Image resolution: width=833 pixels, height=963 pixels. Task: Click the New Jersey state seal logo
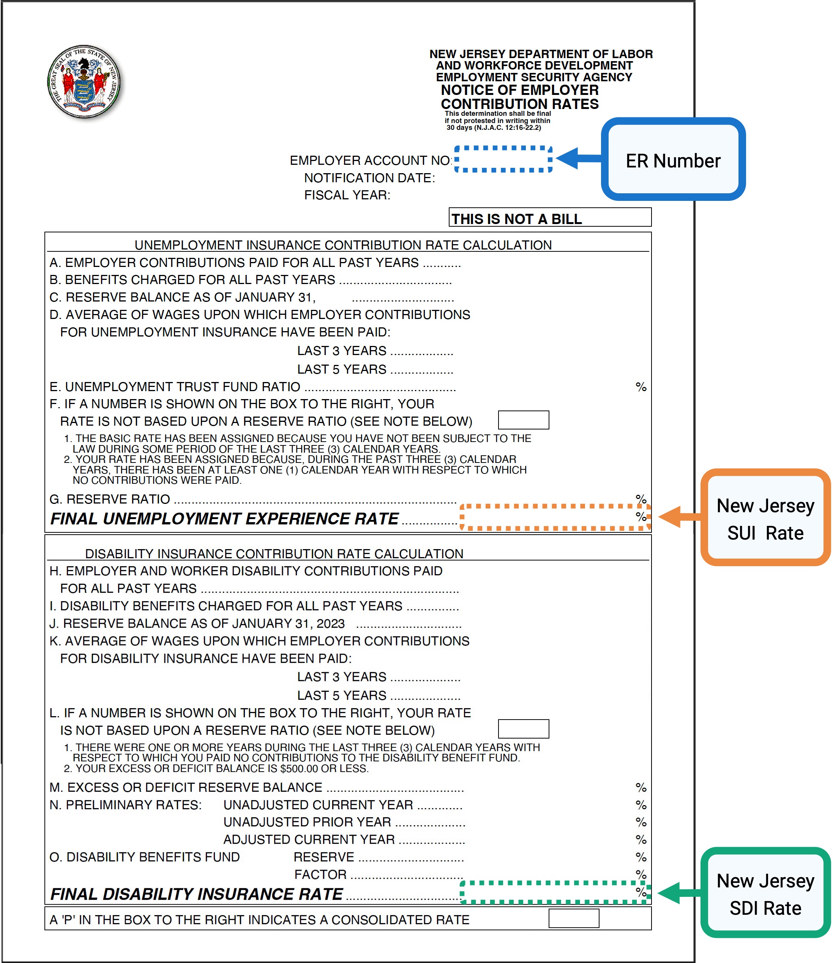click(x=84, y=82)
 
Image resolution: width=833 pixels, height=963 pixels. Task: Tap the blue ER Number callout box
click(x=673, y=160)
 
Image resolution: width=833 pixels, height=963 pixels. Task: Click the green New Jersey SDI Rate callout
click(x=765, y=894)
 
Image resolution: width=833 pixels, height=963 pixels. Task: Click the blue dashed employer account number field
click(x=503, y=159)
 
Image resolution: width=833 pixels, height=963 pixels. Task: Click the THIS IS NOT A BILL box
click(x=549, y=218)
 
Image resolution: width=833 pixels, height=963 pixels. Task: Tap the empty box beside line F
click(x=524, y=420)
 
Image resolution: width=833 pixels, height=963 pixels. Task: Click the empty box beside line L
click(x=524, y=729)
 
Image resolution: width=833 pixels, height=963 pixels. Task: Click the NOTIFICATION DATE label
click(x=369, y=178)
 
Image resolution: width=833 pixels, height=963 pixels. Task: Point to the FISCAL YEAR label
click(x=347, y=195)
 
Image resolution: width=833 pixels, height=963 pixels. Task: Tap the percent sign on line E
click(x=641, y=387)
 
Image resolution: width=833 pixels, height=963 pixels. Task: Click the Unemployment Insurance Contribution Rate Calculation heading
click(x=343, y=245)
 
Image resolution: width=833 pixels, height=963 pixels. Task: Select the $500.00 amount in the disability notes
click(x=298, y=768)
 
